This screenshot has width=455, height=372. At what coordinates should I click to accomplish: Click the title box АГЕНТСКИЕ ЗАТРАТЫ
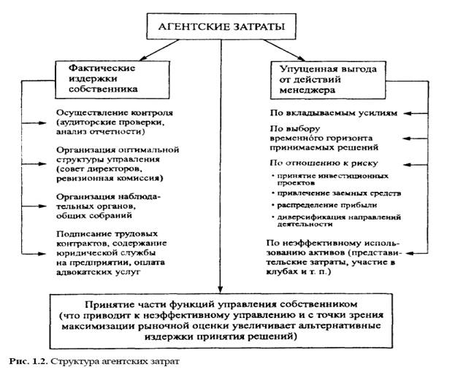(219, 28)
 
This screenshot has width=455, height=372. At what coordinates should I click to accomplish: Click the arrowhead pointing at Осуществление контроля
(28, 125)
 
